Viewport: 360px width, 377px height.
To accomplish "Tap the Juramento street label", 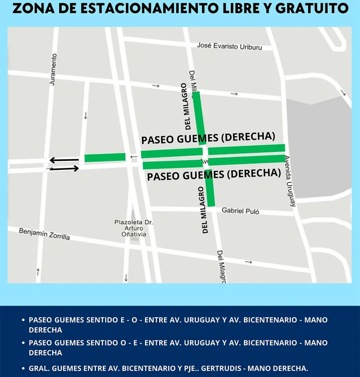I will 53,69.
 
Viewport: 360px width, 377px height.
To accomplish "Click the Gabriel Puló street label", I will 241,211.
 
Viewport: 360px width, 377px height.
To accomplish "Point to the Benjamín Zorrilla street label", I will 44,234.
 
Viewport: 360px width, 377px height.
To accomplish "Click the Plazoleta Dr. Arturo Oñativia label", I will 134,228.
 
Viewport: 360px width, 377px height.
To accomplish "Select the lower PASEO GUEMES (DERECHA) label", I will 213,174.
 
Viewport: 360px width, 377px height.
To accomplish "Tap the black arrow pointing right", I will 64,169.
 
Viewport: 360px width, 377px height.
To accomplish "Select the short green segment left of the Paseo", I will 105,157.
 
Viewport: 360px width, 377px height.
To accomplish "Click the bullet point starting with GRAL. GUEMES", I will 168,368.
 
